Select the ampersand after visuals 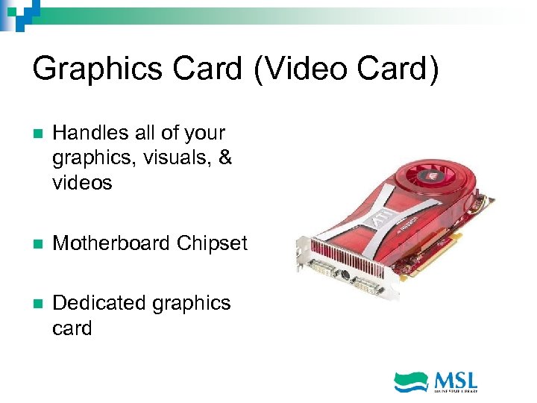pyautogui.click(x=224, y=158)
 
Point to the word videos pyautogui.click(x=82, y=183)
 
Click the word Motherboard pyautogui.click(x=112, y=243)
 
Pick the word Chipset pyautogui.click(x=213, y=243)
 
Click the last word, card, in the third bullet pyautogui.click(x=72, y=328)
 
